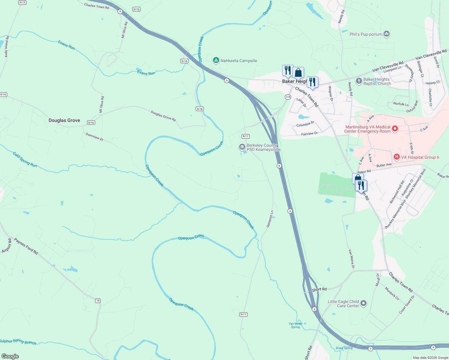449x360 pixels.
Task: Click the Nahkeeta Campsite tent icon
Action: (x=216, y=61)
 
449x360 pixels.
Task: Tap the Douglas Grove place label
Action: (x=64, y=120)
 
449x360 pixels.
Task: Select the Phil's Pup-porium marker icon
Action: (x=387, y=34)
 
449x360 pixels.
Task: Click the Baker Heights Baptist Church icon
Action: (x=359, y=81)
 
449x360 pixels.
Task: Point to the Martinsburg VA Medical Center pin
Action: (x=395, y=129)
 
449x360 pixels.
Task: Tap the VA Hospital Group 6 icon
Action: (x=396, y=157)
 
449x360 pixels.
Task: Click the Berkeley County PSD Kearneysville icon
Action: (x=242, y=147)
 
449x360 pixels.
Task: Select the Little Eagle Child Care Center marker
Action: (x=363, y=303)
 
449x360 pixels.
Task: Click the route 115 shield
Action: (x=288, y=97)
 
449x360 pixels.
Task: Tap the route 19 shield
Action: (x=98, y=301)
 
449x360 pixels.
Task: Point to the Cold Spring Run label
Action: (x=25, y=160)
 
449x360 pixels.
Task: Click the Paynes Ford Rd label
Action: (x=26, y=247)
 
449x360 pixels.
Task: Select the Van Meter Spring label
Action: (x=295, y=325)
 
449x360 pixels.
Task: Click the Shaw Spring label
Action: (x=344, y=348)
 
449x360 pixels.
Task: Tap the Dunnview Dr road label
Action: (x=95, y=137)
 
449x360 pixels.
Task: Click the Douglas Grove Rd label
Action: (x=163, y=116)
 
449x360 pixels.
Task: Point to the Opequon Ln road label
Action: (x=270, y=219)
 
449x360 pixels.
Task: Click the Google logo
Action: (x=10, y=356)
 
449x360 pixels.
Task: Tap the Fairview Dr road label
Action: (x=309, y=134)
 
